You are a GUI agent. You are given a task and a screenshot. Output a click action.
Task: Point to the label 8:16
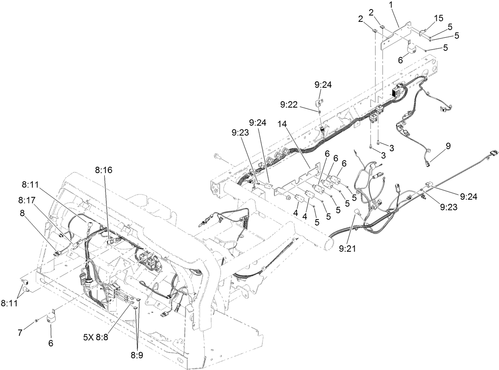(x=104, y=170)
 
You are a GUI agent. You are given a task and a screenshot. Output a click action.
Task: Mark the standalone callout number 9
(x=448, y=146)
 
